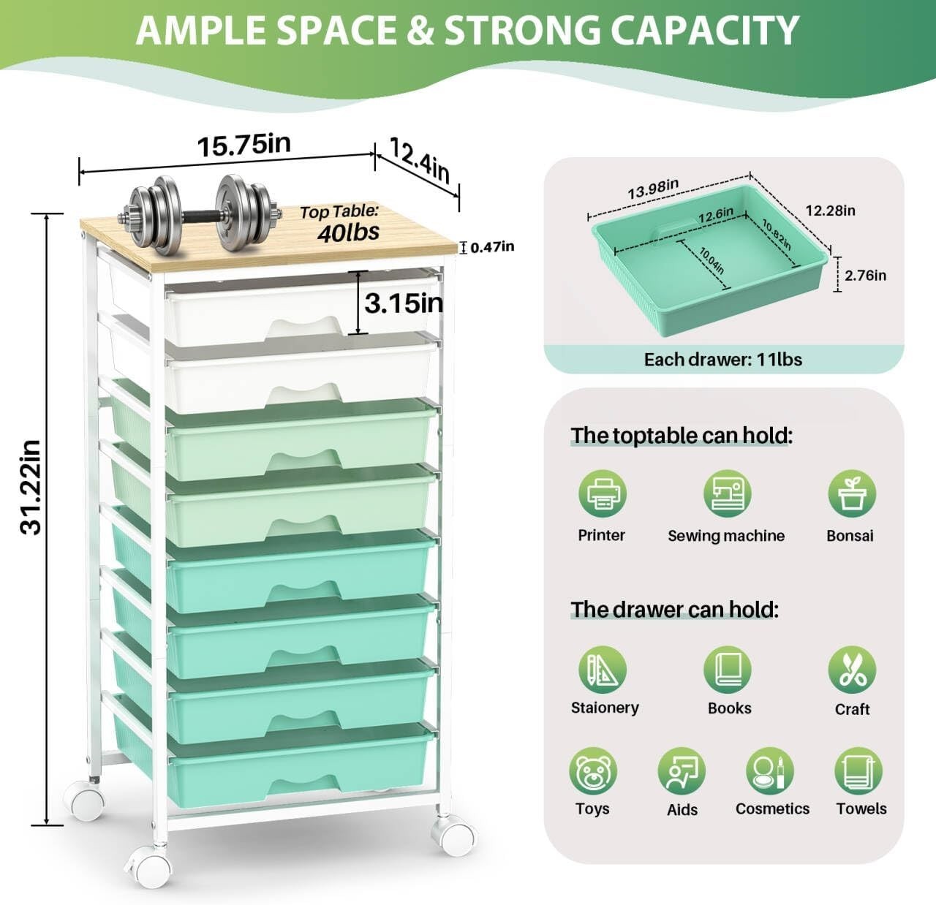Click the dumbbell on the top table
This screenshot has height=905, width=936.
pos(200,214)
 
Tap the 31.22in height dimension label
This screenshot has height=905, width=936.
pos(31,487)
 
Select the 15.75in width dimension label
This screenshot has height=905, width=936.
pos(244,145)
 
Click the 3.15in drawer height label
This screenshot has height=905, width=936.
pos(404,303)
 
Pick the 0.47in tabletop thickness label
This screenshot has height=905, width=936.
pos(492,247)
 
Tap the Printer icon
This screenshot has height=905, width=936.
pos(603,493)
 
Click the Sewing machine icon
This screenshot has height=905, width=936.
pos(727,493)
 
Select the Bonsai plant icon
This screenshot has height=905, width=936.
pos(852,493)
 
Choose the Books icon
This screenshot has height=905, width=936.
pos(727,670)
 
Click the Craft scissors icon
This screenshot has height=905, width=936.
pos(852,670)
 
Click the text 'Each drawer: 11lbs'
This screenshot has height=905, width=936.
pos(723,360)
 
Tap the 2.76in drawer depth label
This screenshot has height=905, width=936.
pos(865,276)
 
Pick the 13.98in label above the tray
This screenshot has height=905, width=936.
pos(653,188)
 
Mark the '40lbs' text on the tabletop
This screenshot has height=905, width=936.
pos(348,232)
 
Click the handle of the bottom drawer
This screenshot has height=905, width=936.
pos(303,784)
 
